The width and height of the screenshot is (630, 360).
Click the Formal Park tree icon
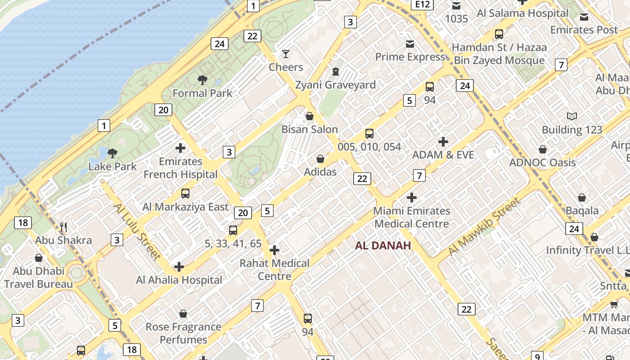(202, 80)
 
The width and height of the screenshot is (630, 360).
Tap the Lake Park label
(112, 166)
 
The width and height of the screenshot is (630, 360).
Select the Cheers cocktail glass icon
(286, 54)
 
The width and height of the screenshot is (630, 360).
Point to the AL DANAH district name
(383, 245)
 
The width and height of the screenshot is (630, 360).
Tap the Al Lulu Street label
(136, 231)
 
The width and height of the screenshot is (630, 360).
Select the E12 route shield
(422, 4)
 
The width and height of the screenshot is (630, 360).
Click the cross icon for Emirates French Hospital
(180, 148)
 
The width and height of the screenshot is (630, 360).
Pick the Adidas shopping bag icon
(320, 159)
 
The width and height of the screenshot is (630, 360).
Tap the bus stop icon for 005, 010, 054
(369, 133)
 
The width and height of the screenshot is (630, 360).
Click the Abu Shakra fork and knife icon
(63, 227)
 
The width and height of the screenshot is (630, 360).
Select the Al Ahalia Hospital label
(179, 280)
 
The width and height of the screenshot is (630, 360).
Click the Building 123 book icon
(572, 117)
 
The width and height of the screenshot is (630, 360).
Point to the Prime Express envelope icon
(410, 44)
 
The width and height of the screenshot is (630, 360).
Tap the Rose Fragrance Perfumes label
(183, 333)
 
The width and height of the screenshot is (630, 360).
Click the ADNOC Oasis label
(542, 162)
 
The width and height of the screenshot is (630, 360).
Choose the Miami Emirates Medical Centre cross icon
(411, 197)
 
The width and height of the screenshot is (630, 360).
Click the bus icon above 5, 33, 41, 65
(233, 230)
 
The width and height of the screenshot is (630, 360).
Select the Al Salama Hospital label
(522, 13)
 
